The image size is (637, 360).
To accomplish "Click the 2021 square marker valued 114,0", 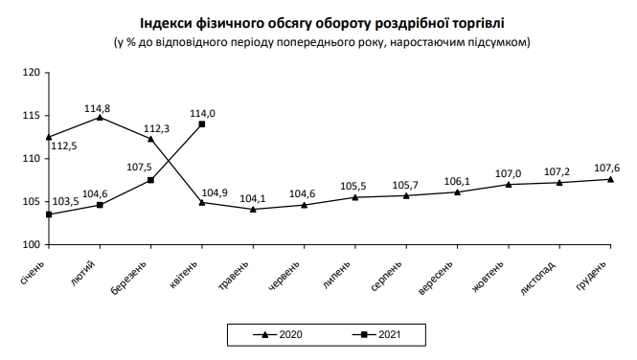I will coord(202,124).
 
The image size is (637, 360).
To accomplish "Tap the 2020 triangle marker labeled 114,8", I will coord(100,117).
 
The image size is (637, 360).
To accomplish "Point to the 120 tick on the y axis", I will coord(33,73).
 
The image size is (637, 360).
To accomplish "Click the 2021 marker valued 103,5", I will coord(48,214).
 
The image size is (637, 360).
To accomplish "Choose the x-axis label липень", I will coord(343,271).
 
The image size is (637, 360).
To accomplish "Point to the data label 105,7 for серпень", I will coord(406,183).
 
